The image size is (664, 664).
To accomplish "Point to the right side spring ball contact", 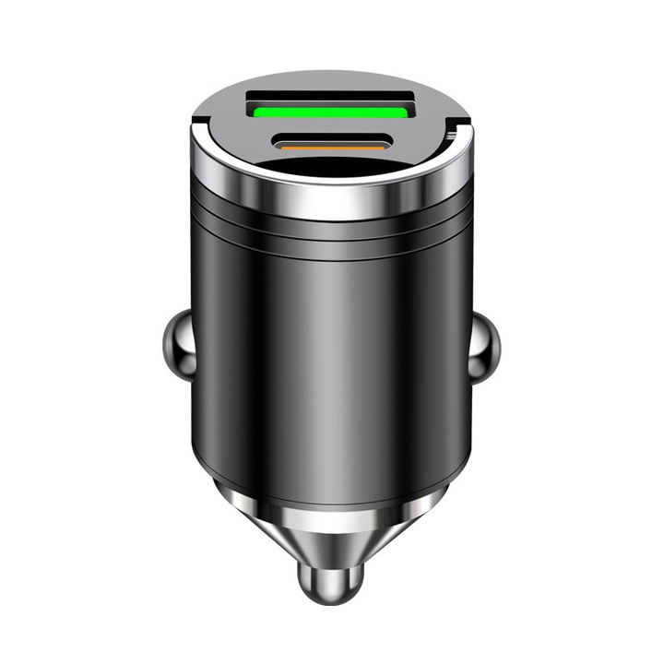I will [x=485, y=348].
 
